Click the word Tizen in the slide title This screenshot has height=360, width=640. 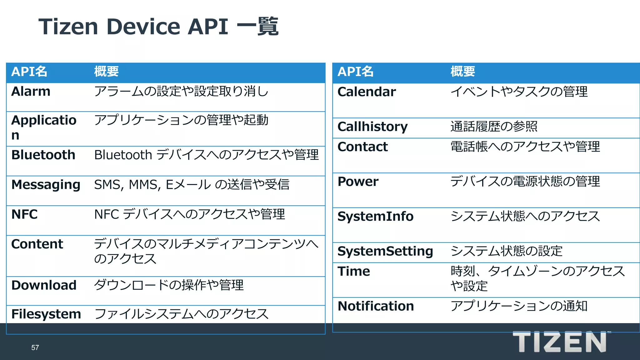tap(68, 27)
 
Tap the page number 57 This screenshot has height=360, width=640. tap(35, 347)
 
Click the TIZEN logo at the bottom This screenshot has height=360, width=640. tap(559, 342)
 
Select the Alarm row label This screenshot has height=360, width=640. tap(31, 92)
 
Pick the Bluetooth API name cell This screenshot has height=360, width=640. tap(43, 155)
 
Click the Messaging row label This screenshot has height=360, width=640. tap(46, 185)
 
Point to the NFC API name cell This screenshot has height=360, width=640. tap(24, 214)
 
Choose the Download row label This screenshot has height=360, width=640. tap(44, 285)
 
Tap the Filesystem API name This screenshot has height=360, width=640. tap(46, 314)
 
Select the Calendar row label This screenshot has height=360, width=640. tap(366, 92)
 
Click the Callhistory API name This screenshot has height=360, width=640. tap(372, 127)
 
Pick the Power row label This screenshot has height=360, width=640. tap(358, 182)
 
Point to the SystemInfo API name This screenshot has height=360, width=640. tap(375, 217)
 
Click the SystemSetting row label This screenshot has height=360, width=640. tap(385, 251)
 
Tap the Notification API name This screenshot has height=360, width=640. tap(376, 306)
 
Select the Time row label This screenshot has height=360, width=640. tap(353, 271)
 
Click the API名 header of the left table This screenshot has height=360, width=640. tap(29, 72)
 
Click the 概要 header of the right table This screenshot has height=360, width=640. tap(462, 72)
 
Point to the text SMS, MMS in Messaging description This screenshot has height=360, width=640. tap(127, 185)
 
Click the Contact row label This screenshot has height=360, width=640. tap(362, 147)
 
